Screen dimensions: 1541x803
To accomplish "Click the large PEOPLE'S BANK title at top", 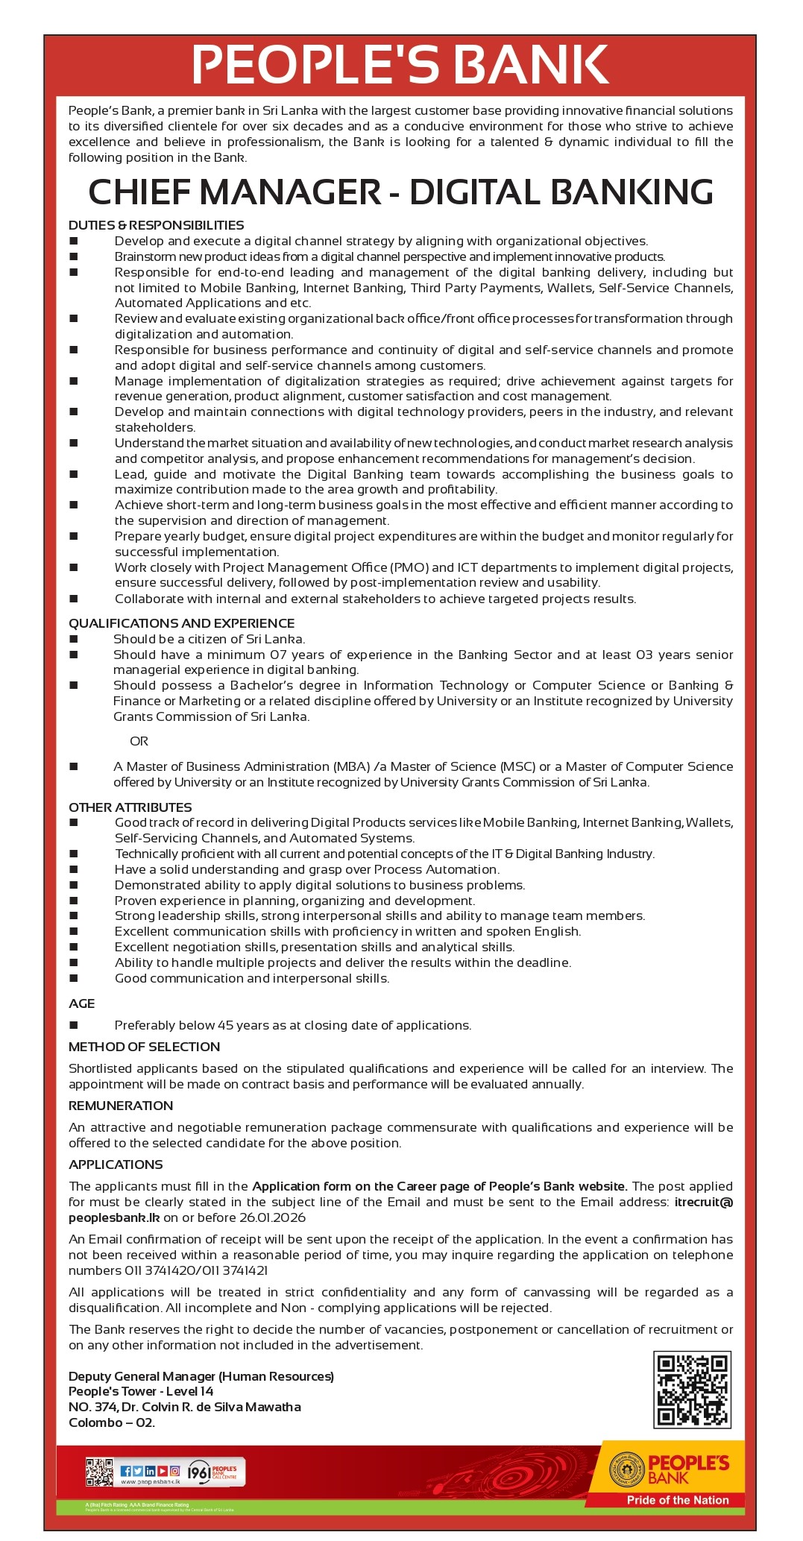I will click(400, 65).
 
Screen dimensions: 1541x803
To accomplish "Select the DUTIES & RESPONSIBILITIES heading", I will click(157, 225).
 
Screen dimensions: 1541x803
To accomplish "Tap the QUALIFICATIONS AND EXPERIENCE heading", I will click(181, 623).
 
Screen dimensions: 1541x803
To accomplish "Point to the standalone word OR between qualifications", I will click(139, 741).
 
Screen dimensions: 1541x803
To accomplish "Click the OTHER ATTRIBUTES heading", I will click(130, 807).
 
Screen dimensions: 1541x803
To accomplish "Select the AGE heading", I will click(82, 1003).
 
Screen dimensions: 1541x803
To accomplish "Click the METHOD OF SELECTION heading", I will click(144, 1047).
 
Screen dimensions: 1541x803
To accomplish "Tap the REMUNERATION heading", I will click(121, 1106).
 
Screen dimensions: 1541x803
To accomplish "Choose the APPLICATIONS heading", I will click(116, 1165).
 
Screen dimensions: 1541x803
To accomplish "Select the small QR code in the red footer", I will click(99, 1471).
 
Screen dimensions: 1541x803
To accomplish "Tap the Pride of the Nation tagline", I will click(677, 1500).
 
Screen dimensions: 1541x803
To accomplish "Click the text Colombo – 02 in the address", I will click(112, 1422).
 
